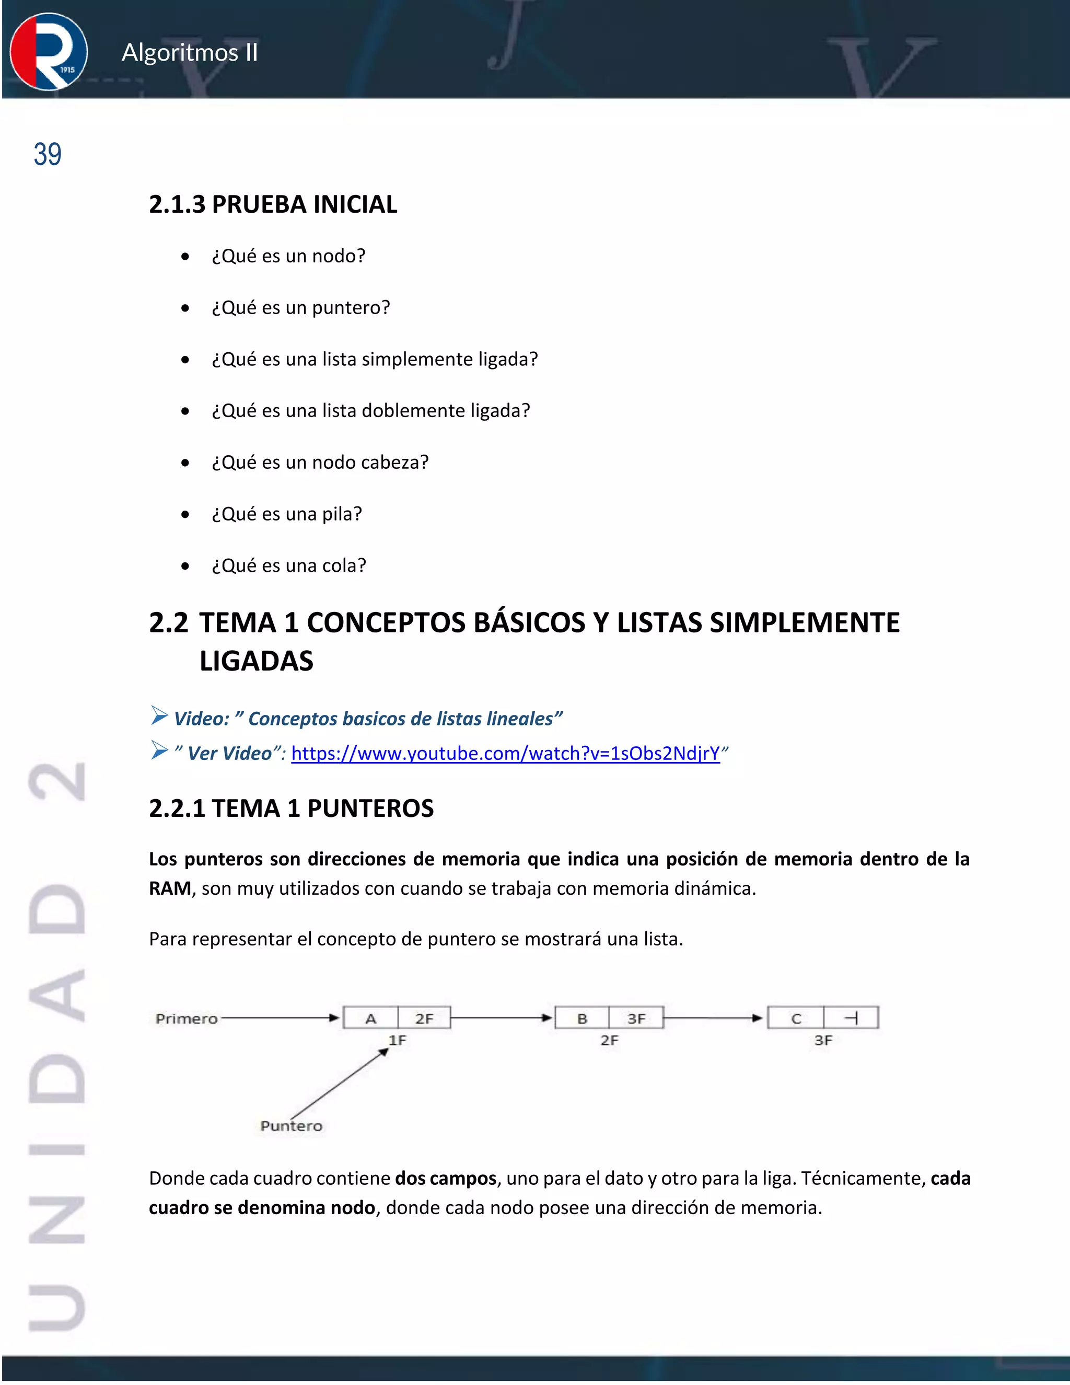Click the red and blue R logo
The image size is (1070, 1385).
[x=49, y=52]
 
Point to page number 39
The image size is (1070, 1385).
[x=48, y=155]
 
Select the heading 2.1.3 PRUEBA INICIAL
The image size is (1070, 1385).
[x=273, y=204]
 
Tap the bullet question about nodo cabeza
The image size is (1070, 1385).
[x=320, y=463]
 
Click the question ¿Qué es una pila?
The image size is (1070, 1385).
[x=286, y=514]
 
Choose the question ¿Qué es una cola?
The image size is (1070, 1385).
[x=289, y=565]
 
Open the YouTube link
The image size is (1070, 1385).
[x=505, y=753]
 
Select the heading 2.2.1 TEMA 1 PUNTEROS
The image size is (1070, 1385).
[x=291, y=809]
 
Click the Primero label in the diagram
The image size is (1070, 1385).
[x=187, y=1019]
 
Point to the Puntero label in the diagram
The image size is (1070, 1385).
[x=291, y=1126]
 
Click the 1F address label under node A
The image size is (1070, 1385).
[x=398, y=1041]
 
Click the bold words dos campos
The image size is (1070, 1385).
[x=445, y=1178]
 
